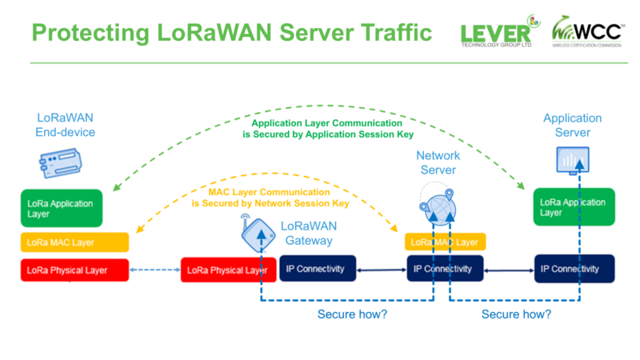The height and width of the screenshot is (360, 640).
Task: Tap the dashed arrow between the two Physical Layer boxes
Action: [155, 270]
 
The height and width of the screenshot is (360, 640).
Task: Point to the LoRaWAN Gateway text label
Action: [307, 234]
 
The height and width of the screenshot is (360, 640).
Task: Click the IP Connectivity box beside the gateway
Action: [316, 269]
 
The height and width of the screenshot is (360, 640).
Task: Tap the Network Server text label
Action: [436, 162]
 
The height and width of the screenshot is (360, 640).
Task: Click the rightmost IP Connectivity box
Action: [574, 269]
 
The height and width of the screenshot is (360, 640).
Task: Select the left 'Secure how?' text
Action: [353, 314]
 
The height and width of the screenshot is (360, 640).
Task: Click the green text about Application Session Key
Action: [321, 130]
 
